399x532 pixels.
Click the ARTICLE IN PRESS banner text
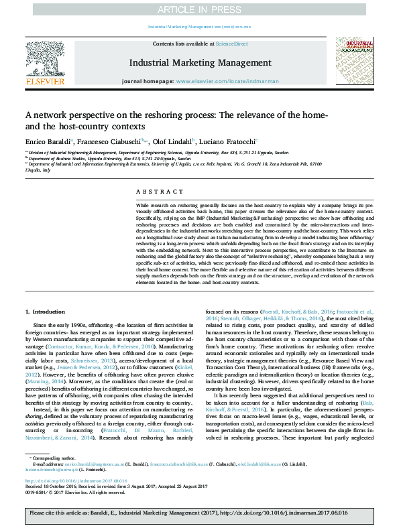pos(199,10)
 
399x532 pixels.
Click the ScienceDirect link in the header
pos(231,43)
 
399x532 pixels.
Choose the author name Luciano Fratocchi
pos(226,143)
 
